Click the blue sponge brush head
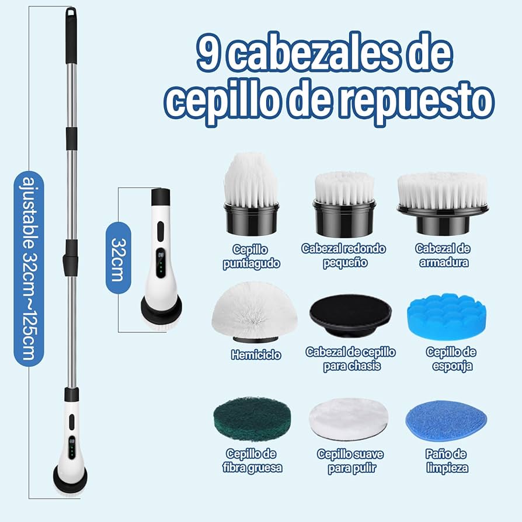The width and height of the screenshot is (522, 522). (447, 316)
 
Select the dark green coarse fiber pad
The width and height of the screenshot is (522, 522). (252, 419)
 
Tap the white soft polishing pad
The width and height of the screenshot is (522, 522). (348, 419)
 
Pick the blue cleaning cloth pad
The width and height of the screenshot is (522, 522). (446, 420)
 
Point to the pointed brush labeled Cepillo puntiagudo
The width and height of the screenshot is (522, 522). (251, 194)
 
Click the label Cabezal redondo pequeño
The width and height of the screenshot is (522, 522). (343, 256)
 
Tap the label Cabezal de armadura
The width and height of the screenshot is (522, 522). (443, 255)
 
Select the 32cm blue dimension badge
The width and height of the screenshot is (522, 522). (118, 258)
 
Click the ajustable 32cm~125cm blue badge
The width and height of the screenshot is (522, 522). (29, 269)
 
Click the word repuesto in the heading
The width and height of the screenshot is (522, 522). (419, 101)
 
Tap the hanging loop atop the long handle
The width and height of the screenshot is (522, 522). (71, 13)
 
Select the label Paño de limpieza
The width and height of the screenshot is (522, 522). (447, 461)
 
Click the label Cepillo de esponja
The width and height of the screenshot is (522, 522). (451, 359)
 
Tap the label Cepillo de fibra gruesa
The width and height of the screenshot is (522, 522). (252, 461)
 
